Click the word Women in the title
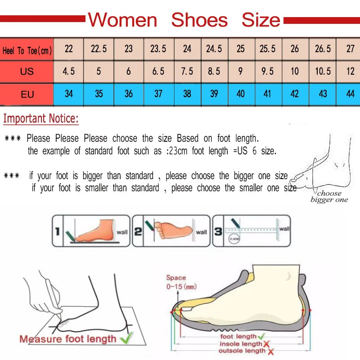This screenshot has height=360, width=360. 122,20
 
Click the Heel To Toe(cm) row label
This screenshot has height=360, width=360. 27,50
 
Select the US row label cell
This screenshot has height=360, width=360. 27,72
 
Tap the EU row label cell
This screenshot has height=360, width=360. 27,94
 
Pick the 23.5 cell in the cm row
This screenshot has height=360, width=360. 158,49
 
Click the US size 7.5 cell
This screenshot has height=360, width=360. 187,72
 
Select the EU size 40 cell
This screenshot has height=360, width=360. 241,94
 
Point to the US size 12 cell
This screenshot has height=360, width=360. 350,72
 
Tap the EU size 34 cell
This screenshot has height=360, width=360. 69,94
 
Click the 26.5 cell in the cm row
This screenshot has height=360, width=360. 323,49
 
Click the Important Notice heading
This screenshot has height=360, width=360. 41,119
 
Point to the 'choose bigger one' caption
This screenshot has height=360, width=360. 329,197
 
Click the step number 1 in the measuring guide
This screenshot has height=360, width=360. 57,232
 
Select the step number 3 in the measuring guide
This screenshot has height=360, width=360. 218,232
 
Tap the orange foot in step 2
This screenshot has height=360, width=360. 173,229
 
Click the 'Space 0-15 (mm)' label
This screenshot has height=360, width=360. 181,282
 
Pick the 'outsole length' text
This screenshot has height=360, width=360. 243,351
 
